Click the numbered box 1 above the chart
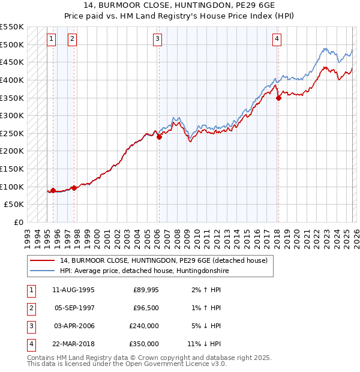[52, 40]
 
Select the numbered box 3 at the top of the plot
[157, 40]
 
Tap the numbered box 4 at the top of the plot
[277, 40]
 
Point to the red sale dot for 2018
[278, 98]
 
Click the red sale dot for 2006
[160, 137]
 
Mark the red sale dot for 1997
[74, 188]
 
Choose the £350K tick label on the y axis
[12, 98]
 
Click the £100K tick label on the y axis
[12, 187]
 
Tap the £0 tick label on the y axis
[18, 222]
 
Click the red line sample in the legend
[43, 260]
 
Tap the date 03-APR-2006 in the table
[74, 326]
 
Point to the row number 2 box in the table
[29, 308]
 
